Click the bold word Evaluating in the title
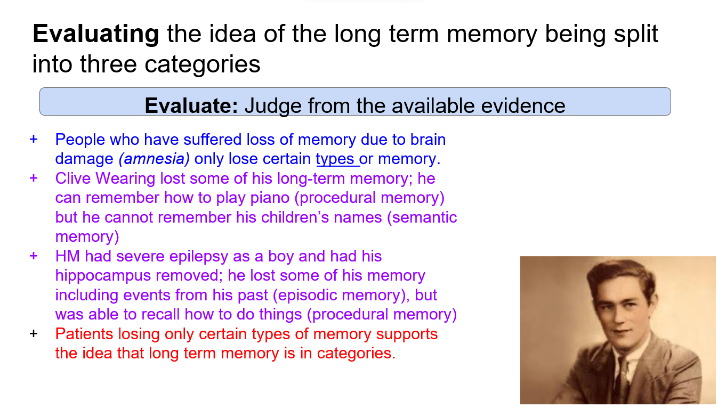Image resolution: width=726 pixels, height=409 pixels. (x=96, y=34)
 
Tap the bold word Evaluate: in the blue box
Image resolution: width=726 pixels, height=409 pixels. (x=191, y=105)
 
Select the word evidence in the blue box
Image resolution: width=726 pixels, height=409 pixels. (x=523, y=105)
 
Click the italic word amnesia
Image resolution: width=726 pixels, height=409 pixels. (x=154, y=159)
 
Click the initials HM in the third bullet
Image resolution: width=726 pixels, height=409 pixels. (x=67, y=256)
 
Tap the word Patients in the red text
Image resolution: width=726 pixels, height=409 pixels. (x=84, y=333)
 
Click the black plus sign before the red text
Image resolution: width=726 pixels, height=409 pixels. (x=34, y=333)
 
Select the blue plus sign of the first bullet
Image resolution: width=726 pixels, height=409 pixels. (x=34, y=139)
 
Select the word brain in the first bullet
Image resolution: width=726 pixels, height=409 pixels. (x=428, y=139)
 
